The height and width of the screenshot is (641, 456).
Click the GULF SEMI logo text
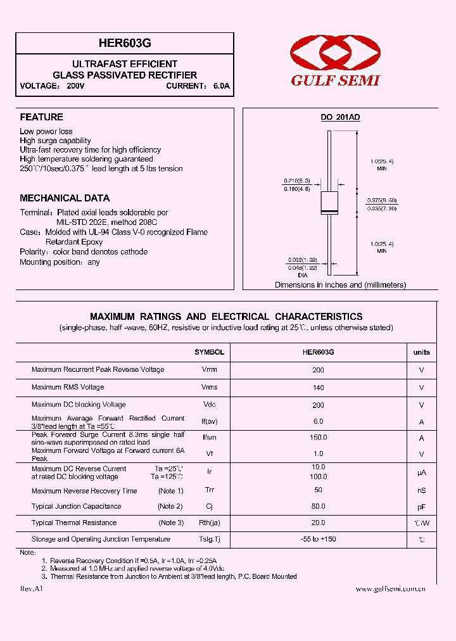tap(335, 80)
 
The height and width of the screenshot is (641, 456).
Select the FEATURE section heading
tap(42, 117)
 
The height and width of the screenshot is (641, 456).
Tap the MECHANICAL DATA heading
tap(65, 198)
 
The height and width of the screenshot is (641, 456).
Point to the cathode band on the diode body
tap(329, 210)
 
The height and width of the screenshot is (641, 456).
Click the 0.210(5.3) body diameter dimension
tap(296, 181)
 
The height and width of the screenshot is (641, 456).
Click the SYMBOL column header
tap(209, 352)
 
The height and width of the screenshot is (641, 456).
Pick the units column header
tap(421, 352)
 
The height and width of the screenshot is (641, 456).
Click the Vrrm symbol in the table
tap(209, 369)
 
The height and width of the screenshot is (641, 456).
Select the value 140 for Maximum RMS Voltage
tap(318, 387)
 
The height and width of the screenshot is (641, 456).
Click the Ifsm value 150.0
tap(318, 438)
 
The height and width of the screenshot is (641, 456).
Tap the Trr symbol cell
tap(209, 490)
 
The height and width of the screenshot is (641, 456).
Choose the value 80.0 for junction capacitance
tap(318, 506)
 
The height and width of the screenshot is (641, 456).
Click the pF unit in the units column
tap(421, 507)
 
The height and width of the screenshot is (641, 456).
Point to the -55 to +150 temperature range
tap(318, 539)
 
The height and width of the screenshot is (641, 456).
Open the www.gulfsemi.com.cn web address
tap(390, 589)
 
